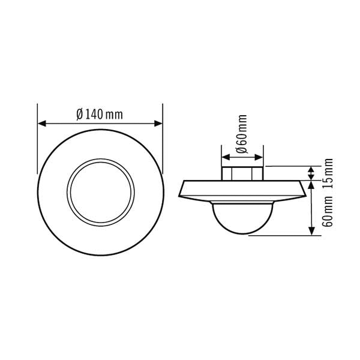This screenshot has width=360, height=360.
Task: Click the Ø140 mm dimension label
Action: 100,115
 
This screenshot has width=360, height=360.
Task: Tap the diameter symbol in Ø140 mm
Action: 80,115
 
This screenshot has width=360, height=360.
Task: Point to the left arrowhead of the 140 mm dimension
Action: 41,124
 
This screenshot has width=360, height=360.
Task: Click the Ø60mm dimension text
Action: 242,136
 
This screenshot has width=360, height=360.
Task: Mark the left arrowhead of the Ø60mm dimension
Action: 225,158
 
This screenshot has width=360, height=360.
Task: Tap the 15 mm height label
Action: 328,173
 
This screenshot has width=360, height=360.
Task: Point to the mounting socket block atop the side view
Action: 242,173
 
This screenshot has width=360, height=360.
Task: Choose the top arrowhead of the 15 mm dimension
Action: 311,170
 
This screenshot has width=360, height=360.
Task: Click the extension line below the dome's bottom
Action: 282,236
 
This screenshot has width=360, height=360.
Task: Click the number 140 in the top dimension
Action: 95,115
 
